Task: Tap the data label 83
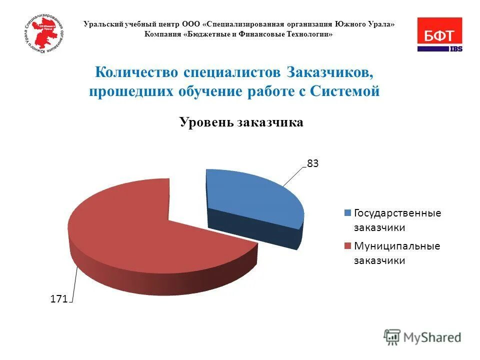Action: tap(312, 163)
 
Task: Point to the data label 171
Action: tap(58, 299)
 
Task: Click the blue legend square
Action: tap(347, 213)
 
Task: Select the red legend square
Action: tap(347, 246)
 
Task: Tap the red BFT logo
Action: tap(439, 32)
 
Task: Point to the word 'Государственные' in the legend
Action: tap(397, 213)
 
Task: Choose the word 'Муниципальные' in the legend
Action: tap(397, 246)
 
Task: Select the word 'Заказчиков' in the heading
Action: tap(330, 72)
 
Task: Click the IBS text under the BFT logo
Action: tap(455, 49)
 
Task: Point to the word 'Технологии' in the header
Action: tap(310, 34)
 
